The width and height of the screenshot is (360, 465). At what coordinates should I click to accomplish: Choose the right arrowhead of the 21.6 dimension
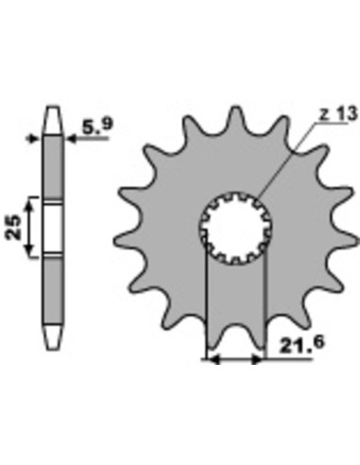260,360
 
